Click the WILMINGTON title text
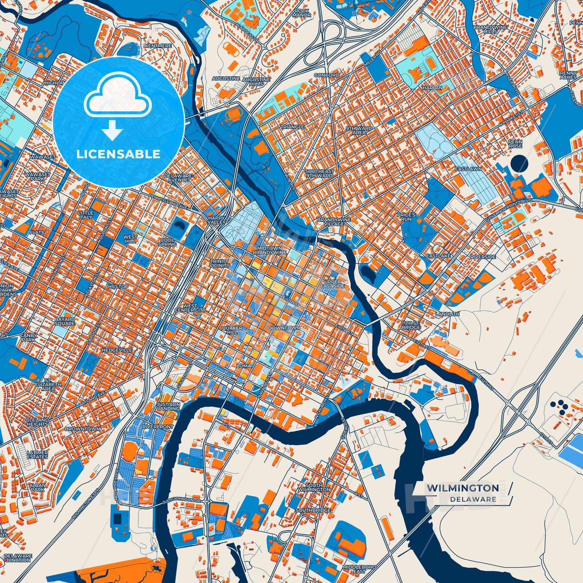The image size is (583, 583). tap(463, 488)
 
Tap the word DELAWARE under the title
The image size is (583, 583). tap(473, 499)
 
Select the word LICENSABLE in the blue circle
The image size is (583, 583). tap(118, 154)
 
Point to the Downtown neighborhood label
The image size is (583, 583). tap(284, 328)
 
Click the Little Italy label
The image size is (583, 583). tap(86, 215)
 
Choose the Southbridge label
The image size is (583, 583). tap(313, 510)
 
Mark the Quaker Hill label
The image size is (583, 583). tap(232, 330)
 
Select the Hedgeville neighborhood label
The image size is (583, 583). tap(117, 350)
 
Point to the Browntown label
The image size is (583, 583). tap(83, 429)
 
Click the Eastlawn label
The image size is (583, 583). tap(468, 169)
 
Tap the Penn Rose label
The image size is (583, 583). tap(515, 144)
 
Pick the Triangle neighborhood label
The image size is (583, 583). tap(293, 127)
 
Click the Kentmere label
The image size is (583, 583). tap(158, 46)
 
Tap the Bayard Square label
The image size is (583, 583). tap(65, 322)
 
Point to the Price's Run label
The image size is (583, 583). tap(406, 217)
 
